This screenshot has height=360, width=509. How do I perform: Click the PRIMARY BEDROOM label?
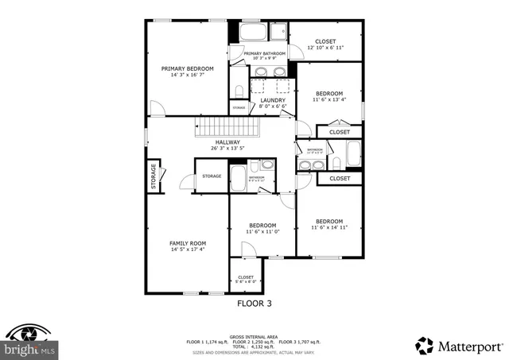(187, 69)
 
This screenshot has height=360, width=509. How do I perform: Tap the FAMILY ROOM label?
(187, 243)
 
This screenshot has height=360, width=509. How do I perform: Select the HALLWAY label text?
(227, 142)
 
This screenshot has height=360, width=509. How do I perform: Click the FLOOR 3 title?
(254, 303)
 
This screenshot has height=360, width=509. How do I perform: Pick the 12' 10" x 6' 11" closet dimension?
(325, 48)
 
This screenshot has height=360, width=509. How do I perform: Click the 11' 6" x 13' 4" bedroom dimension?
(329, 100)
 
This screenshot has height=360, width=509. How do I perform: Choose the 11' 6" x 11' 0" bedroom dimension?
(262, 232)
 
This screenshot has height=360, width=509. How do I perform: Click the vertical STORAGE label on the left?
(153, 176)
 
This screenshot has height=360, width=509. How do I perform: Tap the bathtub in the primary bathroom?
(254, 33)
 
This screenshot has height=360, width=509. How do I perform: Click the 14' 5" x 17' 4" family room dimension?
(187, 250)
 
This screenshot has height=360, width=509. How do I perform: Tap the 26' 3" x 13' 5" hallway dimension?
(227, 149)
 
